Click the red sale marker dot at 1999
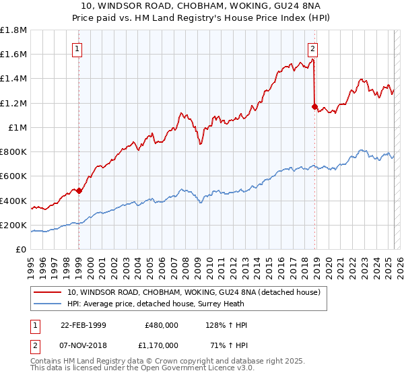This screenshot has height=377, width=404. pyautogui.click(x=79, y=191)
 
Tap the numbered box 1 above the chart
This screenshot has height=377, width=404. pyautogui.click(x=78, y=48)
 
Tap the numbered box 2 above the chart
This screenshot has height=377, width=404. pyautogui.click(x=314, y=48)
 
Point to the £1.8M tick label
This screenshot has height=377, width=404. pyautogui.click(x=13, y=30)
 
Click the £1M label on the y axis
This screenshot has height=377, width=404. pyautogui.click(x=18, y=127)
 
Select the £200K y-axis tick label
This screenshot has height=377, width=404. pyautogui.click(x=14, y=225)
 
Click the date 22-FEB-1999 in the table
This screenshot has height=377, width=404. pyautogui.click(x=83, y=325)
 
